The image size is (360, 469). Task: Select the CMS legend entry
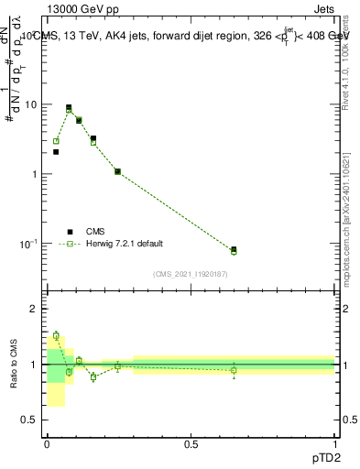pyautogui.click(x=95, y=232)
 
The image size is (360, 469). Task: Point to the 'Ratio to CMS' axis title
pyautogui.click(x=14, y=364)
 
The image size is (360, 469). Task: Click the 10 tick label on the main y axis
pyautogui.click(x=31, y=104)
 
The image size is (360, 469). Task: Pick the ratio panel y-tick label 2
pyautogui.click(x=35, y=309)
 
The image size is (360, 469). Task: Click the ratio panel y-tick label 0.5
pyautogui.click(x=30, y=420)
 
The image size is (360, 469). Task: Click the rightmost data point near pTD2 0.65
pyautogui.click(x=234, y=250)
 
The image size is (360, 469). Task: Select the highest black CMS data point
pyautogui.click(x=69, y=107)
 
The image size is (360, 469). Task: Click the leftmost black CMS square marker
pyautogui.click(x=56, y=152)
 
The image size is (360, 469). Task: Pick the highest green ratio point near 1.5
pyautogui.click(x=56, y=335)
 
